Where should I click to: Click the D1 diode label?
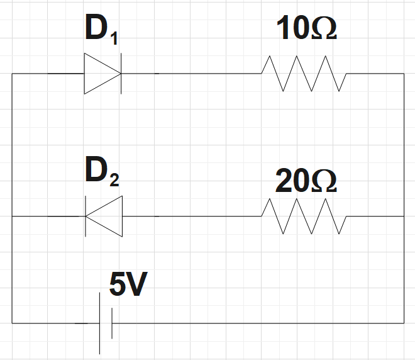pos(101,32)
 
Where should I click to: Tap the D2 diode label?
pos(101,174)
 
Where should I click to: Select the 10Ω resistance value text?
pos(306,30)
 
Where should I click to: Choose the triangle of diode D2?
pos(104,216)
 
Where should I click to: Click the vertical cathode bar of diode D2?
pos(86,216)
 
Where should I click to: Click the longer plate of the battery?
pos(100,323)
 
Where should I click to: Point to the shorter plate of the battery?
pos(112,323)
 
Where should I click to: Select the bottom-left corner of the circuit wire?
pos(12,323)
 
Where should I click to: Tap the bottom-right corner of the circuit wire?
pos(404,323)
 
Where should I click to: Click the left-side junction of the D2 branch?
pos(12,216)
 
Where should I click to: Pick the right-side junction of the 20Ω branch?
pos(404,216)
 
